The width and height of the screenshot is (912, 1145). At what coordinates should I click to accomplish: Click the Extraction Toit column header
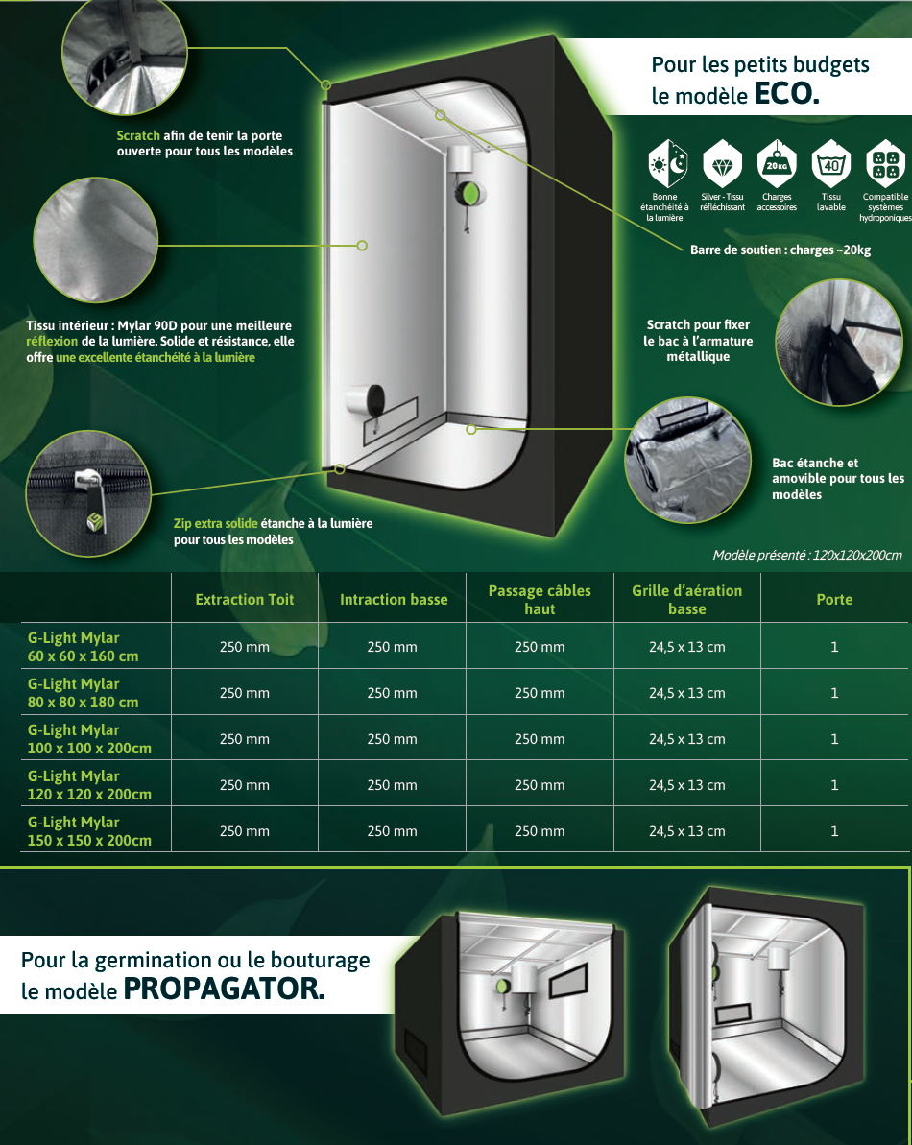(245, 600)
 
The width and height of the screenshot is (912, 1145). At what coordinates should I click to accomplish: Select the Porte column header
(834, 600)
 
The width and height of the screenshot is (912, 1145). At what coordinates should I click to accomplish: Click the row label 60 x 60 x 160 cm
(84, 656)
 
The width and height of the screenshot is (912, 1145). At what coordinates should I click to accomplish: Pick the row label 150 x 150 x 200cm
(90, 840)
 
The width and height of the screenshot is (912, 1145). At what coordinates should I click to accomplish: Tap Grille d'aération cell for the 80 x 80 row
(687, 693)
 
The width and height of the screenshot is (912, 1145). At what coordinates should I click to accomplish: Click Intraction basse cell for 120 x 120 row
(392, 785)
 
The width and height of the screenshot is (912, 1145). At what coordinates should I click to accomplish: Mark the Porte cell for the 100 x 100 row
(834, 739)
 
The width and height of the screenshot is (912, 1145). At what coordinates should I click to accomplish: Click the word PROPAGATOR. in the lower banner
(225, 990)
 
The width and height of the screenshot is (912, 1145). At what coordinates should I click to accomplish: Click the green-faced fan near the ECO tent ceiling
(468, 193)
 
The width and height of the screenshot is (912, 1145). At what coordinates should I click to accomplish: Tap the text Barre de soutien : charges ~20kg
(780, 250)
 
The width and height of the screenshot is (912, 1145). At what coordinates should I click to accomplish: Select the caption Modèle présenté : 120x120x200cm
(807, 555)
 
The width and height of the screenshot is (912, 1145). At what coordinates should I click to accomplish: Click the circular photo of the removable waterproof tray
(687, 460)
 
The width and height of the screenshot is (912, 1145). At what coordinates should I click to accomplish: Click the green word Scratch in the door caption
(138, 135)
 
